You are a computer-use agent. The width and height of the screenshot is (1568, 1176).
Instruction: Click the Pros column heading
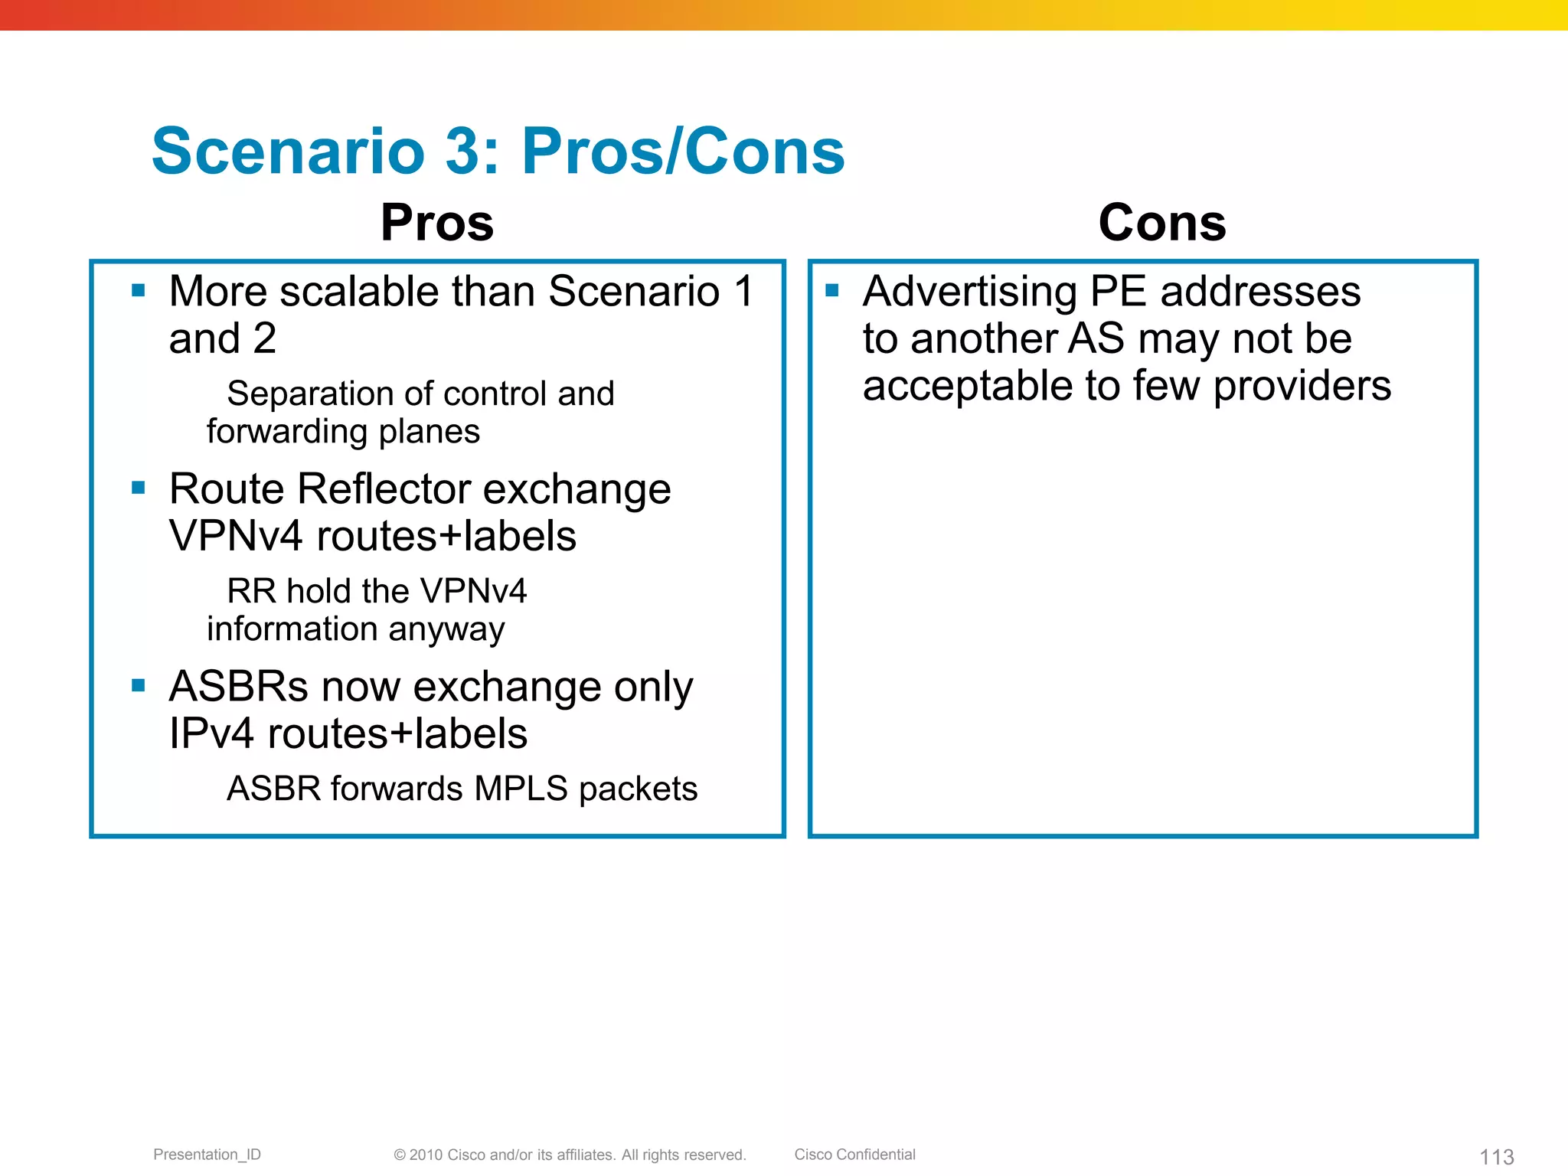(437, 223)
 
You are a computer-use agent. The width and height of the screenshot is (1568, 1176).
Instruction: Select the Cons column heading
(1161, 223)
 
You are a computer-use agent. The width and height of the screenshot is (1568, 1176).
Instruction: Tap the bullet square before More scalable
(139, 290)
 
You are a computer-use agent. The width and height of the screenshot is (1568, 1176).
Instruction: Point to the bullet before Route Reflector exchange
(139, 488)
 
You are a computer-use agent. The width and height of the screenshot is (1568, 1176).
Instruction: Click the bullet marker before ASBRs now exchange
(139, 685)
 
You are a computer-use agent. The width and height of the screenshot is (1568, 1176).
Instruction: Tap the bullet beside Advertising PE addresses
(832, 290)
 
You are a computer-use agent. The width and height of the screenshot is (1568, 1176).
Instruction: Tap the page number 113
(1496, 1157)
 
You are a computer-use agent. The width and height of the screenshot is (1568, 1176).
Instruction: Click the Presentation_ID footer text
(207, 1155)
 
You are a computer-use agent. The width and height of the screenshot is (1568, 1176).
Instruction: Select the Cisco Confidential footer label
(854, 1155)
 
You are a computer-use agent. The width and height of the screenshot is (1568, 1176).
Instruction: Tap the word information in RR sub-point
(292, 629)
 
